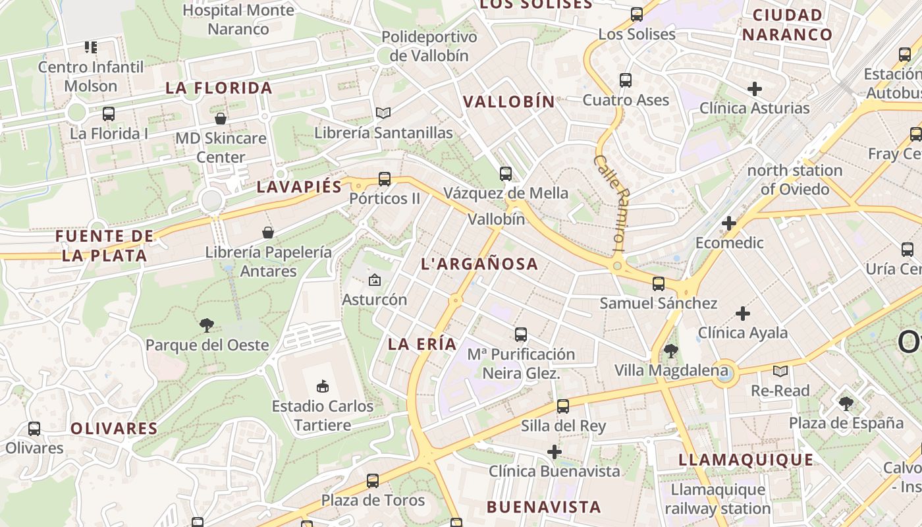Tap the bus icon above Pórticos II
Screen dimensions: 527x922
(x=385, y=179)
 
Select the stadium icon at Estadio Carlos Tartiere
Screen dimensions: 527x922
(x=323, y=386)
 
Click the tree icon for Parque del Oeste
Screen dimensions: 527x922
(x=207, y=325)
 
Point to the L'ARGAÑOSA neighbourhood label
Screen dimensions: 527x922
(x=479, y=264)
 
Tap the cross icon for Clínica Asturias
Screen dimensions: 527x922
(x=755, y=88)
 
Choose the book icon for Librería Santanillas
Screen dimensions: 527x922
(x=383, y=113)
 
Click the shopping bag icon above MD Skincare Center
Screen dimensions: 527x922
(x=221, y=119)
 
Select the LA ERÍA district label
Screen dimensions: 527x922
(x=422, y=344)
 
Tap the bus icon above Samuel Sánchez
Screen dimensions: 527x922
(x=658, y=284)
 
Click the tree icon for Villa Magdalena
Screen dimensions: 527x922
(x=671, y=350)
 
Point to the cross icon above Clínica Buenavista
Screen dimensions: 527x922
(x=555, y=452)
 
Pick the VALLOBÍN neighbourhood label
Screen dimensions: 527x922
(x=509, y=101)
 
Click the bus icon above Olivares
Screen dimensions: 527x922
(x=34, y=429)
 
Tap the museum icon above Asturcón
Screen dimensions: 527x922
(x=375, y=280)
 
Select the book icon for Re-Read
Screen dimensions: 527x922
(x=780, y=371)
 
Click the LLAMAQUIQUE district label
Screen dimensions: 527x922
(x=746, y=460)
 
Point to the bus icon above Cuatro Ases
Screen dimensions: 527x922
(x=626, y=80)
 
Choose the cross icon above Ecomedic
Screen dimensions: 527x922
(x=728, y=223)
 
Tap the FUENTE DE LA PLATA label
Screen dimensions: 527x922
(x=105, y=246)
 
